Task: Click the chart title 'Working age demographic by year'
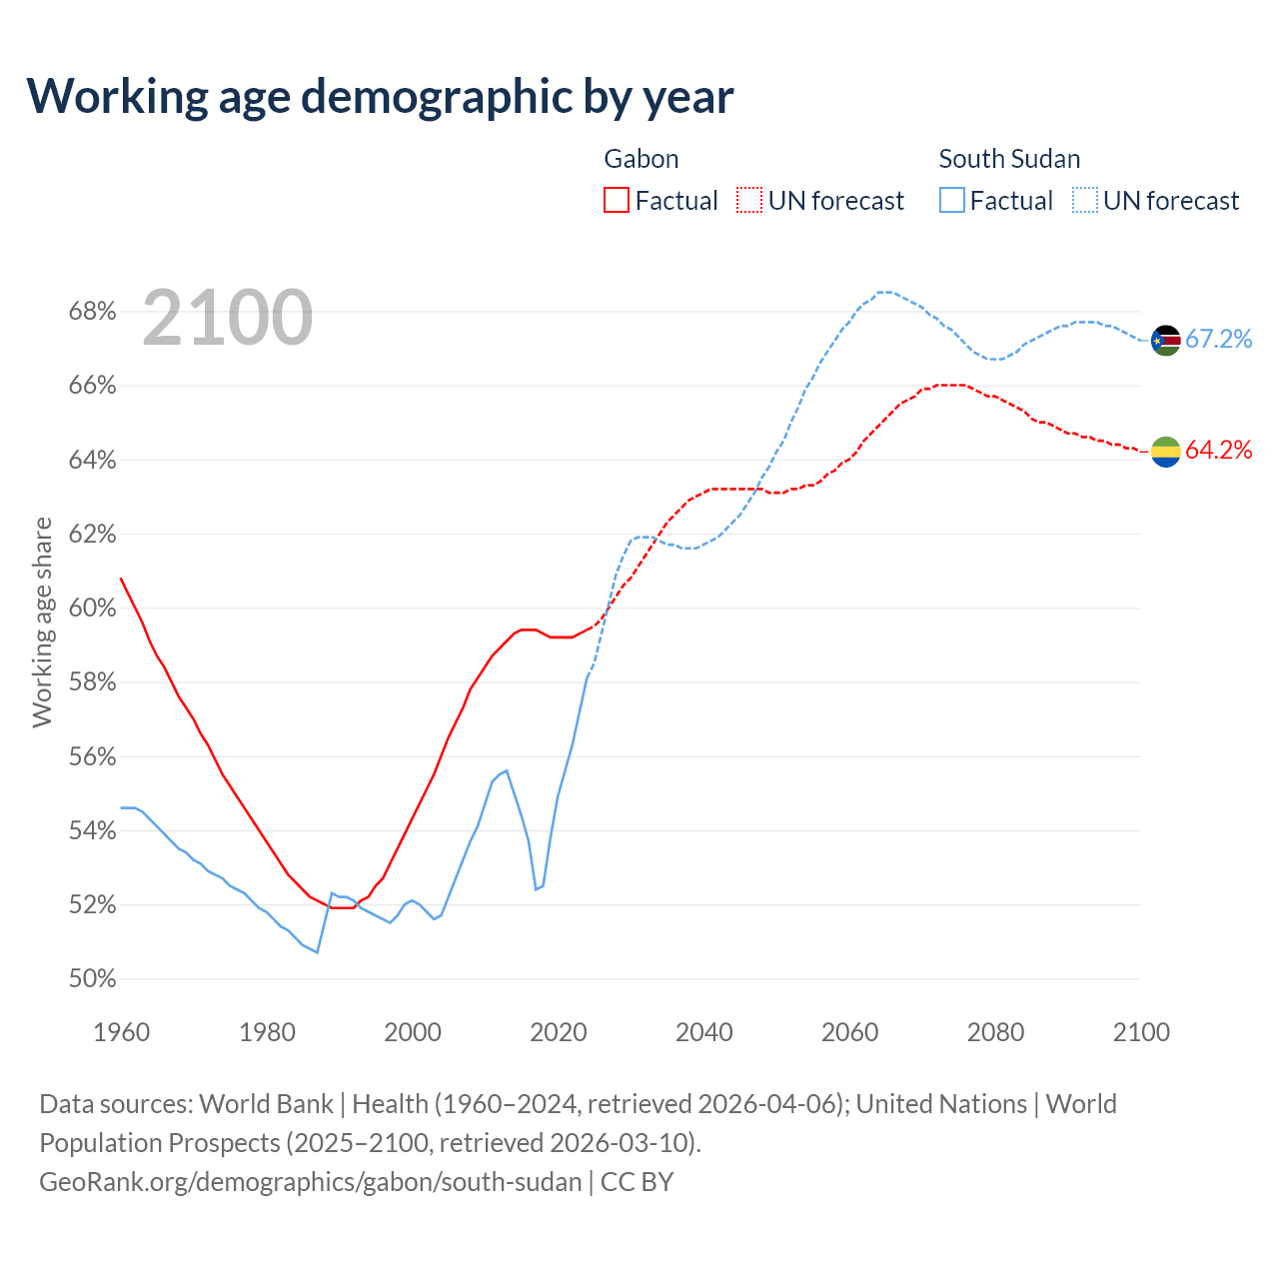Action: tap(380, 96)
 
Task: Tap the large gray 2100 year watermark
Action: tap(228, 318)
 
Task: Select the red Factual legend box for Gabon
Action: tap(617, 201)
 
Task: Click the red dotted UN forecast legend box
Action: tap(749, 201)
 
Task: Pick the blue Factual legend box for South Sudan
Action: tap(952, 201)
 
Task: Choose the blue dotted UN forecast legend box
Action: tap(1085, 201)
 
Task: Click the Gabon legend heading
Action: tap(641, 159)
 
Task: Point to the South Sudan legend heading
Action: tap(1009, 159)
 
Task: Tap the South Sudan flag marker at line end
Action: tap(1166, 341)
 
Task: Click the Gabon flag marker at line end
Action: tap(1166, 452)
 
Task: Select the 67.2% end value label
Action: tap(1219, 340)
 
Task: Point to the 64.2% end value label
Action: tap(1219, 451)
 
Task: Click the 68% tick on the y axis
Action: tap(92, 312)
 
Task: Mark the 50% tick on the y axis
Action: tap(92, 979)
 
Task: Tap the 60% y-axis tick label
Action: tap(92, 609)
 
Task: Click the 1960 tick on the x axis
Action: tap(121, 1032)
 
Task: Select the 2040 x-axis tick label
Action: tap(704, 1032)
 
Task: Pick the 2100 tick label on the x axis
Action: tap(1141, 1032)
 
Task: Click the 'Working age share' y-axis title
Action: tap(42, 623)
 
